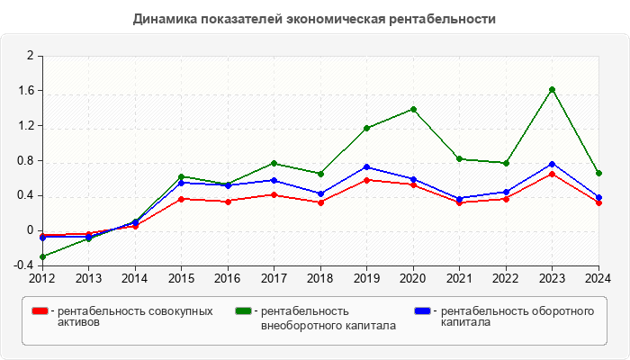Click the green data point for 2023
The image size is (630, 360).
tap(553, 89)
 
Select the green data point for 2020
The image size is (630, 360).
tap(413, 110)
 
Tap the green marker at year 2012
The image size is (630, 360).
tap(42, 257)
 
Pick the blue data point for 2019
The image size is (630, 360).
tap(367, 167)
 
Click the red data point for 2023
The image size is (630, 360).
tap(553, 174)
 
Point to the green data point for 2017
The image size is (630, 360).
tap(274, 163)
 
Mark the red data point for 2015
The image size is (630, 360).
tap(182, 199)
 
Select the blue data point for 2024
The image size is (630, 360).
tap(598, 198)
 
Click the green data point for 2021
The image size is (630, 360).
tap(460, 159)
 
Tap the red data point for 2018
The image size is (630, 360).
tap(320, 202)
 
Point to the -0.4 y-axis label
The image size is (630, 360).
tap(22, 265)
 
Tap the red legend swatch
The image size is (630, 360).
tap(40, 311)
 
